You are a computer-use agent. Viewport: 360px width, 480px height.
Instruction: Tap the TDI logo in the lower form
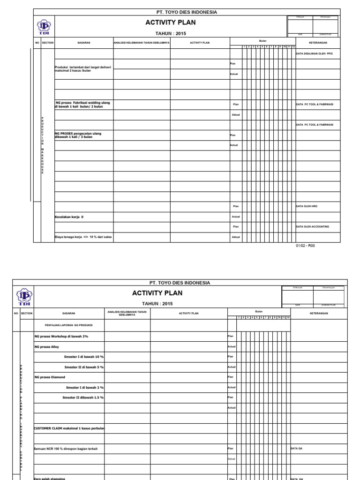point(24,297)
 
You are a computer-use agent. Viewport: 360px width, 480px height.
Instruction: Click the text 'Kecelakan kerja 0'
point(69,217)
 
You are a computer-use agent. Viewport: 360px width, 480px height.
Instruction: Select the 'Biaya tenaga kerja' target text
point(83,237)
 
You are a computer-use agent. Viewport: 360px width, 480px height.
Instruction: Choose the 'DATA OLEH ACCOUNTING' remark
point(312,227)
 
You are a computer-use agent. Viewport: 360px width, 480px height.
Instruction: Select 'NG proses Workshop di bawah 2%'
point(61,336)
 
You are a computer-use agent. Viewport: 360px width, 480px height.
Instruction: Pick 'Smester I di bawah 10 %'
point(84,357)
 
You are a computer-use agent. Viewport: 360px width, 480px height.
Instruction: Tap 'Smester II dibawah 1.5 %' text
point(83,397)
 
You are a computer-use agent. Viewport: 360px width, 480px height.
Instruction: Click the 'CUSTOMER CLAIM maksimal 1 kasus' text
point(69,428)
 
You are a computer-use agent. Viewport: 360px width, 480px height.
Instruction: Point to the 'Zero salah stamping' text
point(50,478)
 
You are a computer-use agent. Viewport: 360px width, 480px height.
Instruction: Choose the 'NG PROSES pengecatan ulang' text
point(78,134)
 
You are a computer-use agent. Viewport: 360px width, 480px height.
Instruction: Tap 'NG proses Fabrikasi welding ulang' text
point(83,102)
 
